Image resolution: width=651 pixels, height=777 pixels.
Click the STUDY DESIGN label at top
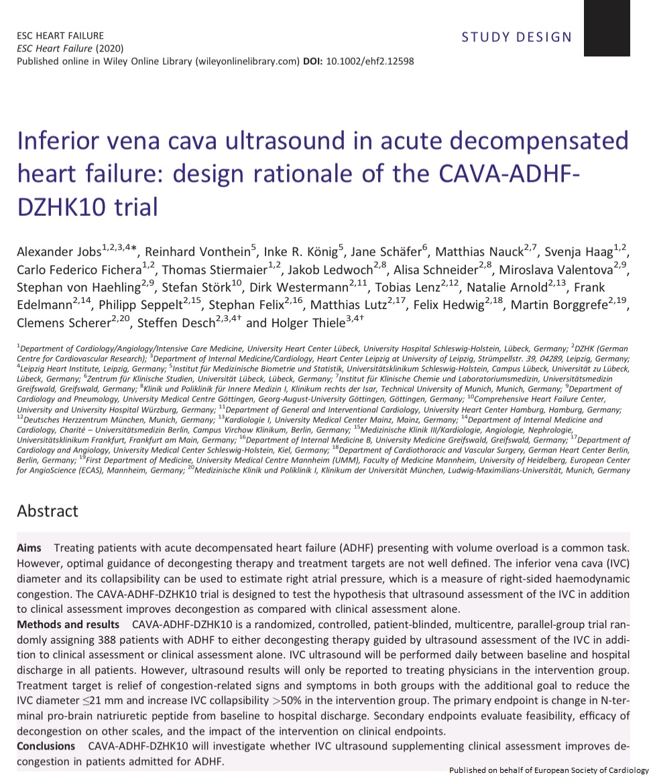(516, 37)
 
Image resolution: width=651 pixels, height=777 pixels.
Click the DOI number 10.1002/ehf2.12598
(369, 61)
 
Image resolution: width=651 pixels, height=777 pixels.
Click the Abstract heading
(48, 511)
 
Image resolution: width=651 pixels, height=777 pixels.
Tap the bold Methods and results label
(68, 625)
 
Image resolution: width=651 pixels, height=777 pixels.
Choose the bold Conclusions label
(46, 745)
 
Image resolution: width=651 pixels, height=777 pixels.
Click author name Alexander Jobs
(58, 253)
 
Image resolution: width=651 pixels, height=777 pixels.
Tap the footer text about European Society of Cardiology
(548, 770)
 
